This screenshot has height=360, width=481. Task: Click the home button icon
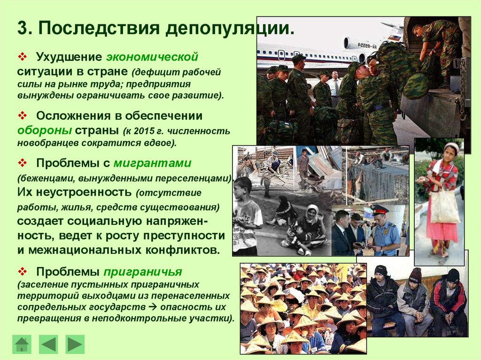tap(22, 344)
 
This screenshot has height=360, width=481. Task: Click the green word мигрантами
tap(152, 163)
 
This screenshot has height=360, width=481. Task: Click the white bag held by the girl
tap(444, 207)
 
